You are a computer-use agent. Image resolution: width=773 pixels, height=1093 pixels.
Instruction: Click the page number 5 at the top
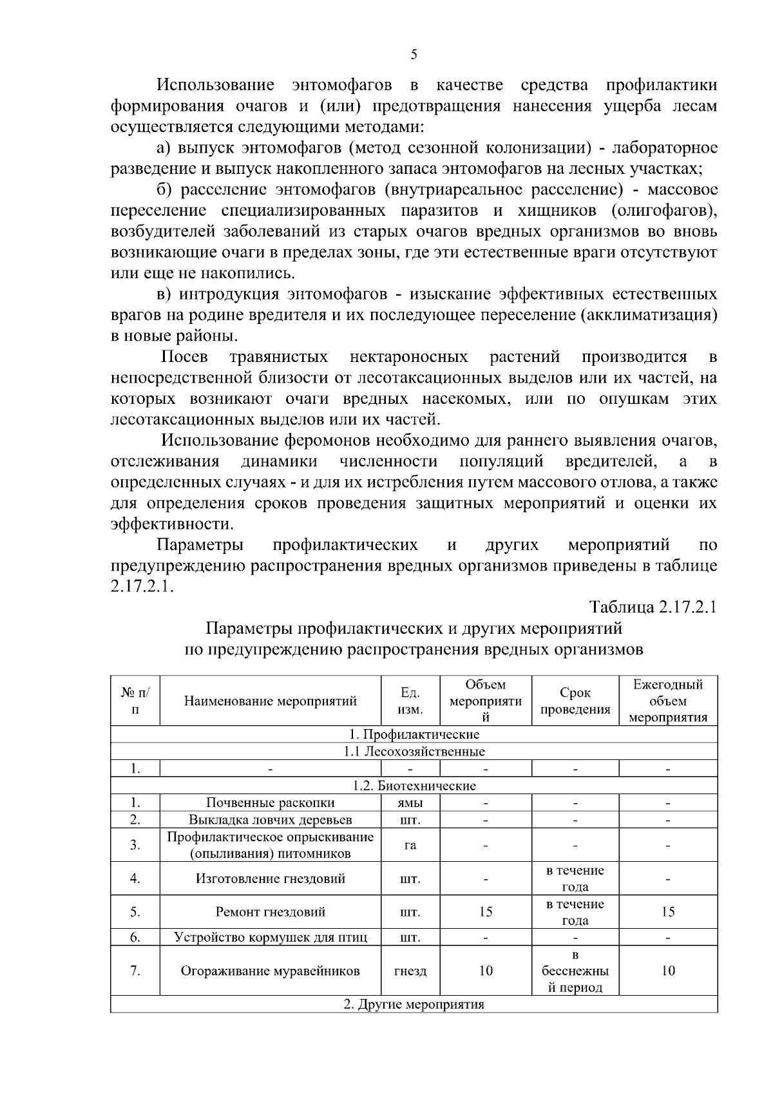click(x=414, y=55)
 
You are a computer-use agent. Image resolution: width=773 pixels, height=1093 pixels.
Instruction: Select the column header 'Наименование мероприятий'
click(x=271, y=701)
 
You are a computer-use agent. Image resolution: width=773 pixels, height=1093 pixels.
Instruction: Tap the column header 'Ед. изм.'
click(x=410, y=701)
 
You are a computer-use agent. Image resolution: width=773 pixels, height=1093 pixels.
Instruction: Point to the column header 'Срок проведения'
click(x=575, y=701)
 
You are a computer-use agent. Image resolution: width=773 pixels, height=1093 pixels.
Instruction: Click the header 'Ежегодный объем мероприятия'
click(x=668, y=701)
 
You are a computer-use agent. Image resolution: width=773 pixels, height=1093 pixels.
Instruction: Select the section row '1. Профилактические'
click(x=414, y=734)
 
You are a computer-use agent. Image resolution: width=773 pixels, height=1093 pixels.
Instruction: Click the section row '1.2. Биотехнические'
click(x=414, y=785)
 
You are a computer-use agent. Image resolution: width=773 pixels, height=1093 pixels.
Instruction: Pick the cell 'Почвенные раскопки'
click(x=271, y=803)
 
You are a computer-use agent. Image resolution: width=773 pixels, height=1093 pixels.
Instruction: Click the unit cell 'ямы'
click(x=410, y=803)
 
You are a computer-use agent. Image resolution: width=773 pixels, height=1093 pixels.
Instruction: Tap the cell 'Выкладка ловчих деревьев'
click(x=271, y=819)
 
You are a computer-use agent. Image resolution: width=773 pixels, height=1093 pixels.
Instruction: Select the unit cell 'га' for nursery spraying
click(x=410, y=845)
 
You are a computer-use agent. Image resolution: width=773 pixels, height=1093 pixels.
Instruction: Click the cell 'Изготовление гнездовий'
click(x=271, y=879)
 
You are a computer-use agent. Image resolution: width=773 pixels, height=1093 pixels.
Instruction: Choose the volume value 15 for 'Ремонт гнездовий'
click(x=486, y=911)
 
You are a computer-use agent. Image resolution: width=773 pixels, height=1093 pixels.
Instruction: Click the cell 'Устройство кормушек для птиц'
click(x=271, y=937)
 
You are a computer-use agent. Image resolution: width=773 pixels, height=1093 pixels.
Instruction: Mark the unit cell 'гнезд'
click(x=410, y=971)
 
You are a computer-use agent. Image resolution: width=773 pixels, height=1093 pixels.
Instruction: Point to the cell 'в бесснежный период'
click(x=575, y=971)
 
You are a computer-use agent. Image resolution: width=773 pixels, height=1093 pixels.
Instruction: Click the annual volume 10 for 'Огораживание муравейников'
click(x=668, y=971)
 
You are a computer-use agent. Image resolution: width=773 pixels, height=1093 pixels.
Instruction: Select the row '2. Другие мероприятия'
click(x=414, y=1005)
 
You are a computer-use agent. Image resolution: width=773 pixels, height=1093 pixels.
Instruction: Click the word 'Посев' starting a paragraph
click(x=184, y=357)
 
